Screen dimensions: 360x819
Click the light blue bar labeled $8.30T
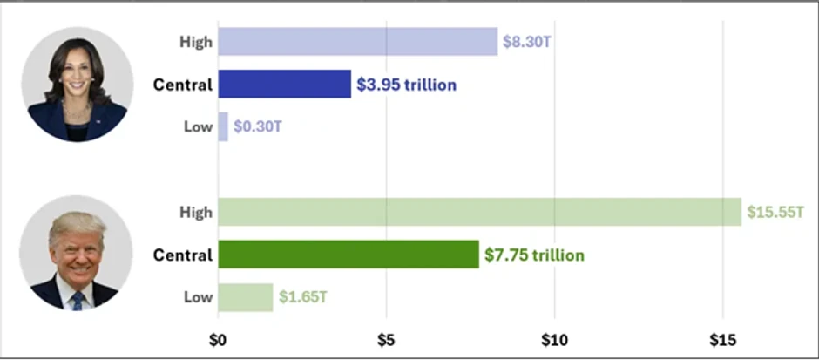click(x=357, y=42)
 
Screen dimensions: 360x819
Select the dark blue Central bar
click(x=284, y=85)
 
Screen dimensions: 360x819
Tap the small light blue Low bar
click(x=223, y=126)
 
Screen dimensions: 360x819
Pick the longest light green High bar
click(x=479, y=212)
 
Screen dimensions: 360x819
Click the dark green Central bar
click(x=349, y=255)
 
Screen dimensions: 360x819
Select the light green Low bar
click(x=245, y=297)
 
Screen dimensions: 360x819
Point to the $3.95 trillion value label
click(x=406, y=85)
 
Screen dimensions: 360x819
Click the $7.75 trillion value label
click(x=534, y=255)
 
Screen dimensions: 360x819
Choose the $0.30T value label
click(x=258, y=126)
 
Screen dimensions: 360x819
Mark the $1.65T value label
click(x=303, y=297)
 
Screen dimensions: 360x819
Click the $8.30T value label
click(x=527, y=42)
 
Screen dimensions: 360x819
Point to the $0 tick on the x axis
click(x=218, y=339)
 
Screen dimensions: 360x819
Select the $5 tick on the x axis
click(x=386, y=339)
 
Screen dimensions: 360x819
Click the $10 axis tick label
click(x=554, y=339)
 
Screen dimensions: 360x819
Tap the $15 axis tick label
click(x=722, y=339)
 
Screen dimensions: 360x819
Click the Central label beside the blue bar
click(x=182, y=85)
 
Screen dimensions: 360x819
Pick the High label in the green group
click(x=195, y=212)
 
